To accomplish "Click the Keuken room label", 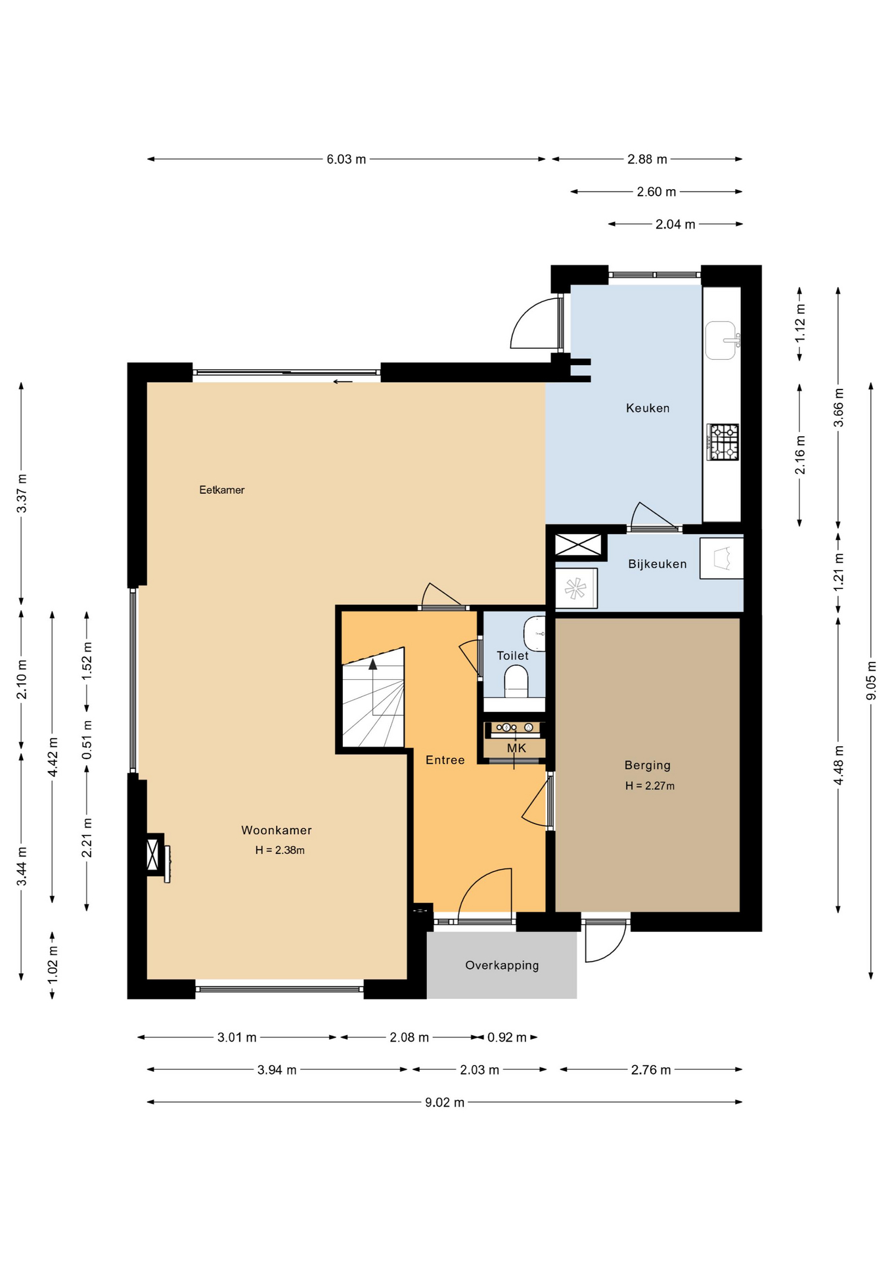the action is (648, 408).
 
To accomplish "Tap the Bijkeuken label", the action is (658, 564).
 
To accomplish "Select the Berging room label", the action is (648, 765).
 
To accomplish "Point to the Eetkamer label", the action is (222, 490).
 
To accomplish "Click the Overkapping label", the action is (502, 965).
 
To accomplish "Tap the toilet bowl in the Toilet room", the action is (516, 682).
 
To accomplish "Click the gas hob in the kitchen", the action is (723, 442).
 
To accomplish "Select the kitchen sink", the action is (721, 340).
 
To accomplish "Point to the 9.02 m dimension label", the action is (445, 1102).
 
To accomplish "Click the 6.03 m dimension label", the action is (346, 159).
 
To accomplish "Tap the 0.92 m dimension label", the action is (506, 1038).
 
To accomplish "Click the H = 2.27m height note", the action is (650, 785).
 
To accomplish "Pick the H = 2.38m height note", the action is (280, 850).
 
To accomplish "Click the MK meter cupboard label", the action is (516, 748).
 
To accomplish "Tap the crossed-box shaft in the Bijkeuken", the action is (578, 545).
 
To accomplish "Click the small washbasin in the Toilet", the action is (535, 633).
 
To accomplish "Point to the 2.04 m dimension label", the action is (675, 225).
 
